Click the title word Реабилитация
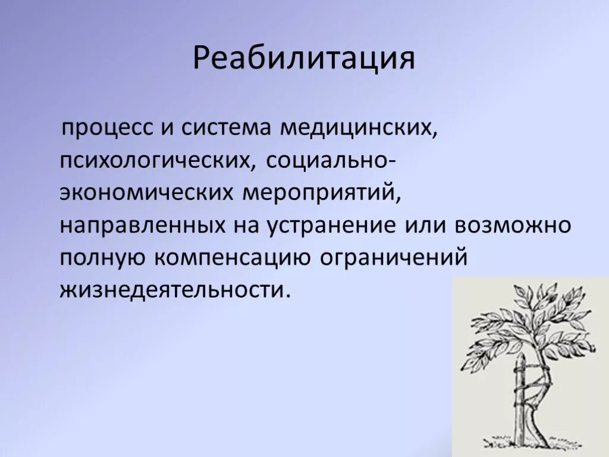303,61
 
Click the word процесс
105,128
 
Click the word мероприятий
319,193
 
